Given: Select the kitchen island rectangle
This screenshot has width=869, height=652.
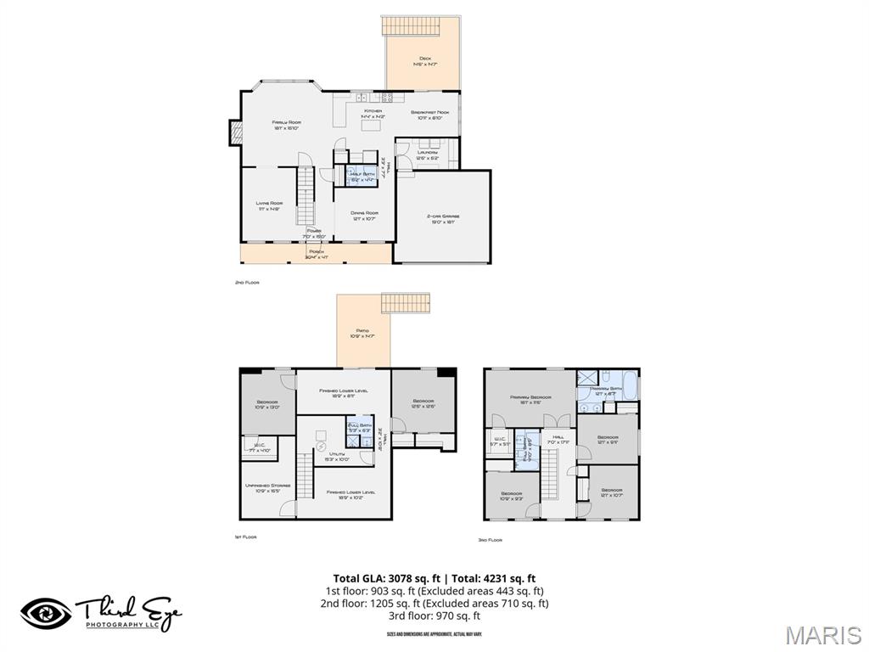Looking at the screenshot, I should (370, 126).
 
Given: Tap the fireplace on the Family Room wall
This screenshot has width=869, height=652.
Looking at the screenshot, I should (235, 132).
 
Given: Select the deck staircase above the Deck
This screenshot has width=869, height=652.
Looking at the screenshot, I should (421, 25).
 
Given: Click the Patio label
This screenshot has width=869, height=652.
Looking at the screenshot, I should (362, 333).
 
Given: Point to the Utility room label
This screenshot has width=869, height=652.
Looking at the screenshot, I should (339, 456).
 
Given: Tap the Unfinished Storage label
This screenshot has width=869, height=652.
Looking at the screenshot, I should (267, 487).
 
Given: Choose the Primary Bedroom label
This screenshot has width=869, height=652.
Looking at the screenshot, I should (531, 399).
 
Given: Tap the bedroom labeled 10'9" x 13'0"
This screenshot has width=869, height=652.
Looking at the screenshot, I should (266, 404).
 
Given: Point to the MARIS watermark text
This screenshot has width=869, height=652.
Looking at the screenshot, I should (822, 634).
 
